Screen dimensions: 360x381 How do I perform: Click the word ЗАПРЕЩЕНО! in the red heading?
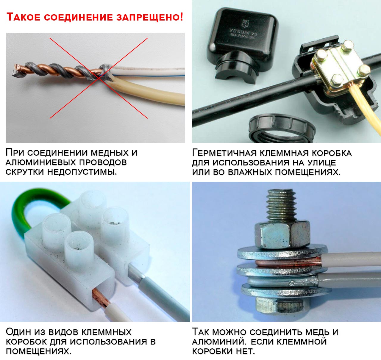(150, 17)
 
